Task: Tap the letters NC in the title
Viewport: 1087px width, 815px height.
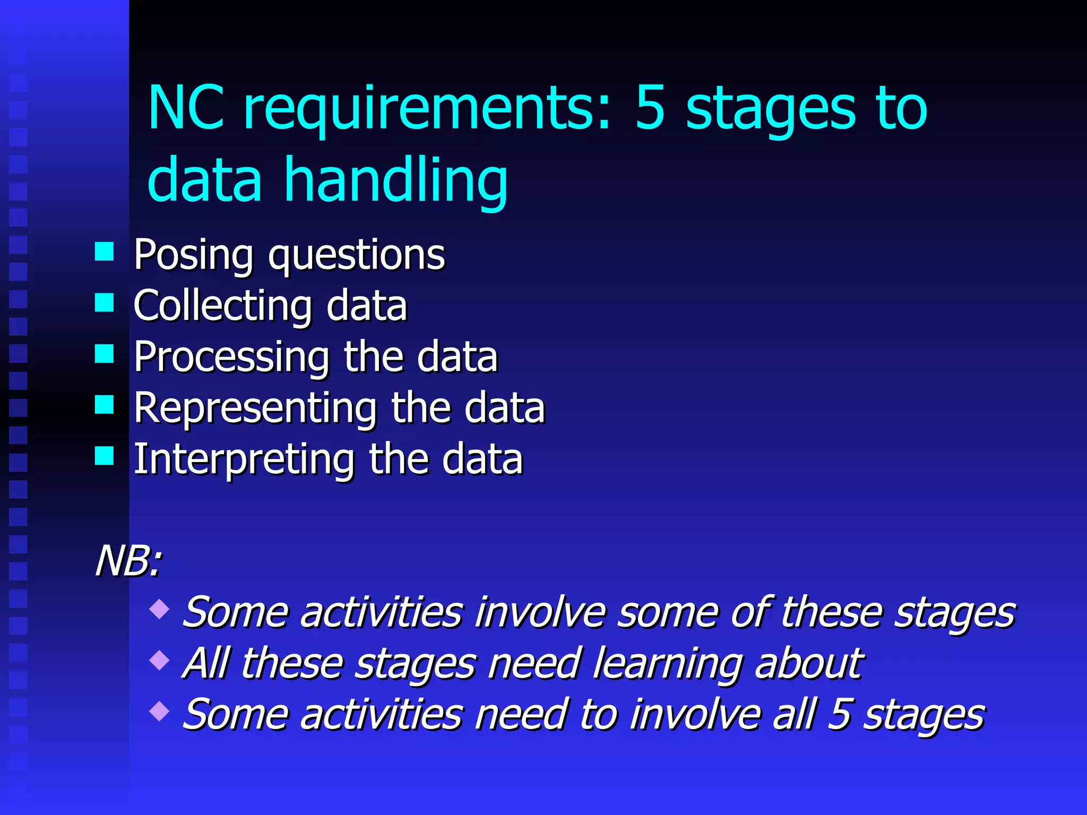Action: click(x=186, y=109)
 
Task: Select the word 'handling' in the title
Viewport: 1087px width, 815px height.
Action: click(x=396, y=182)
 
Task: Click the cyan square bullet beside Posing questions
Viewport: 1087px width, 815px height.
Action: click(x=105, y=252)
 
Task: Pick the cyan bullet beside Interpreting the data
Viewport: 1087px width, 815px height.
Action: click(x=105, y=455)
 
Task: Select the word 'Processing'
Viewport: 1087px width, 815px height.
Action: click(x=231, y=358)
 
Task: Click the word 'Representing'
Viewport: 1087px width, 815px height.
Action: click(x=255, y=407)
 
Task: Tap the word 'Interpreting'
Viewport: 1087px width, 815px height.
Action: click(x=244, y=459)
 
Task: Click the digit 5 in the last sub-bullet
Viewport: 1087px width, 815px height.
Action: click(x=840, y=714)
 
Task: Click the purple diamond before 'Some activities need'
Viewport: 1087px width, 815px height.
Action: click(x=159, y=711)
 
